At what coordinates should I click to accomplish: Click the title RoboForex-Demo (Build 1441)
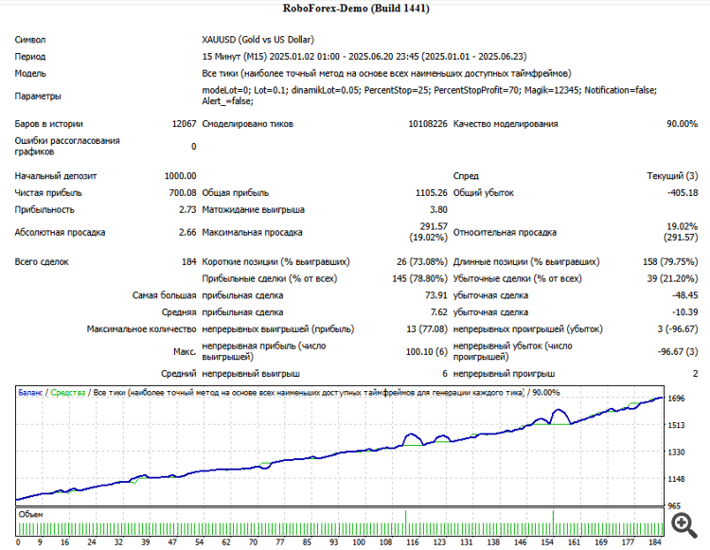[x=355, y=9]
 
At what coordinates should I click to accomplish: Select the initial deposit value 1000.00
[x=179, y=176]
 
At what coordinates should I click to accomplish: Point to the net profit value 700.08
[x=181, y=193]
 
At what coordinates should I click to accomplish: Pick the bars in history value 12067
[x=184, y=124]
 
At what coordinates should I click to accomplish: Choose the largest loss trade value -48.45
[x=682, y=296]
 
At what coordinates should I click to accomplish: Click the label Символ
[x=30, y=40]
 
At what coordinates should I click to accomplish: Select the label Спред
[x=466, y=176]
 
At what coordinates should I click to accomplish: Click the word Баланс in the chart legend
[x=30, y=392]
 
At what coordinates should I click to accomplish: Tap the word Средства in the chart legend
[x=67, y=392]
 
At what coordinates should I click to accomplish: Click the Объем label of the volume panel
[x=31, y=515]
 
